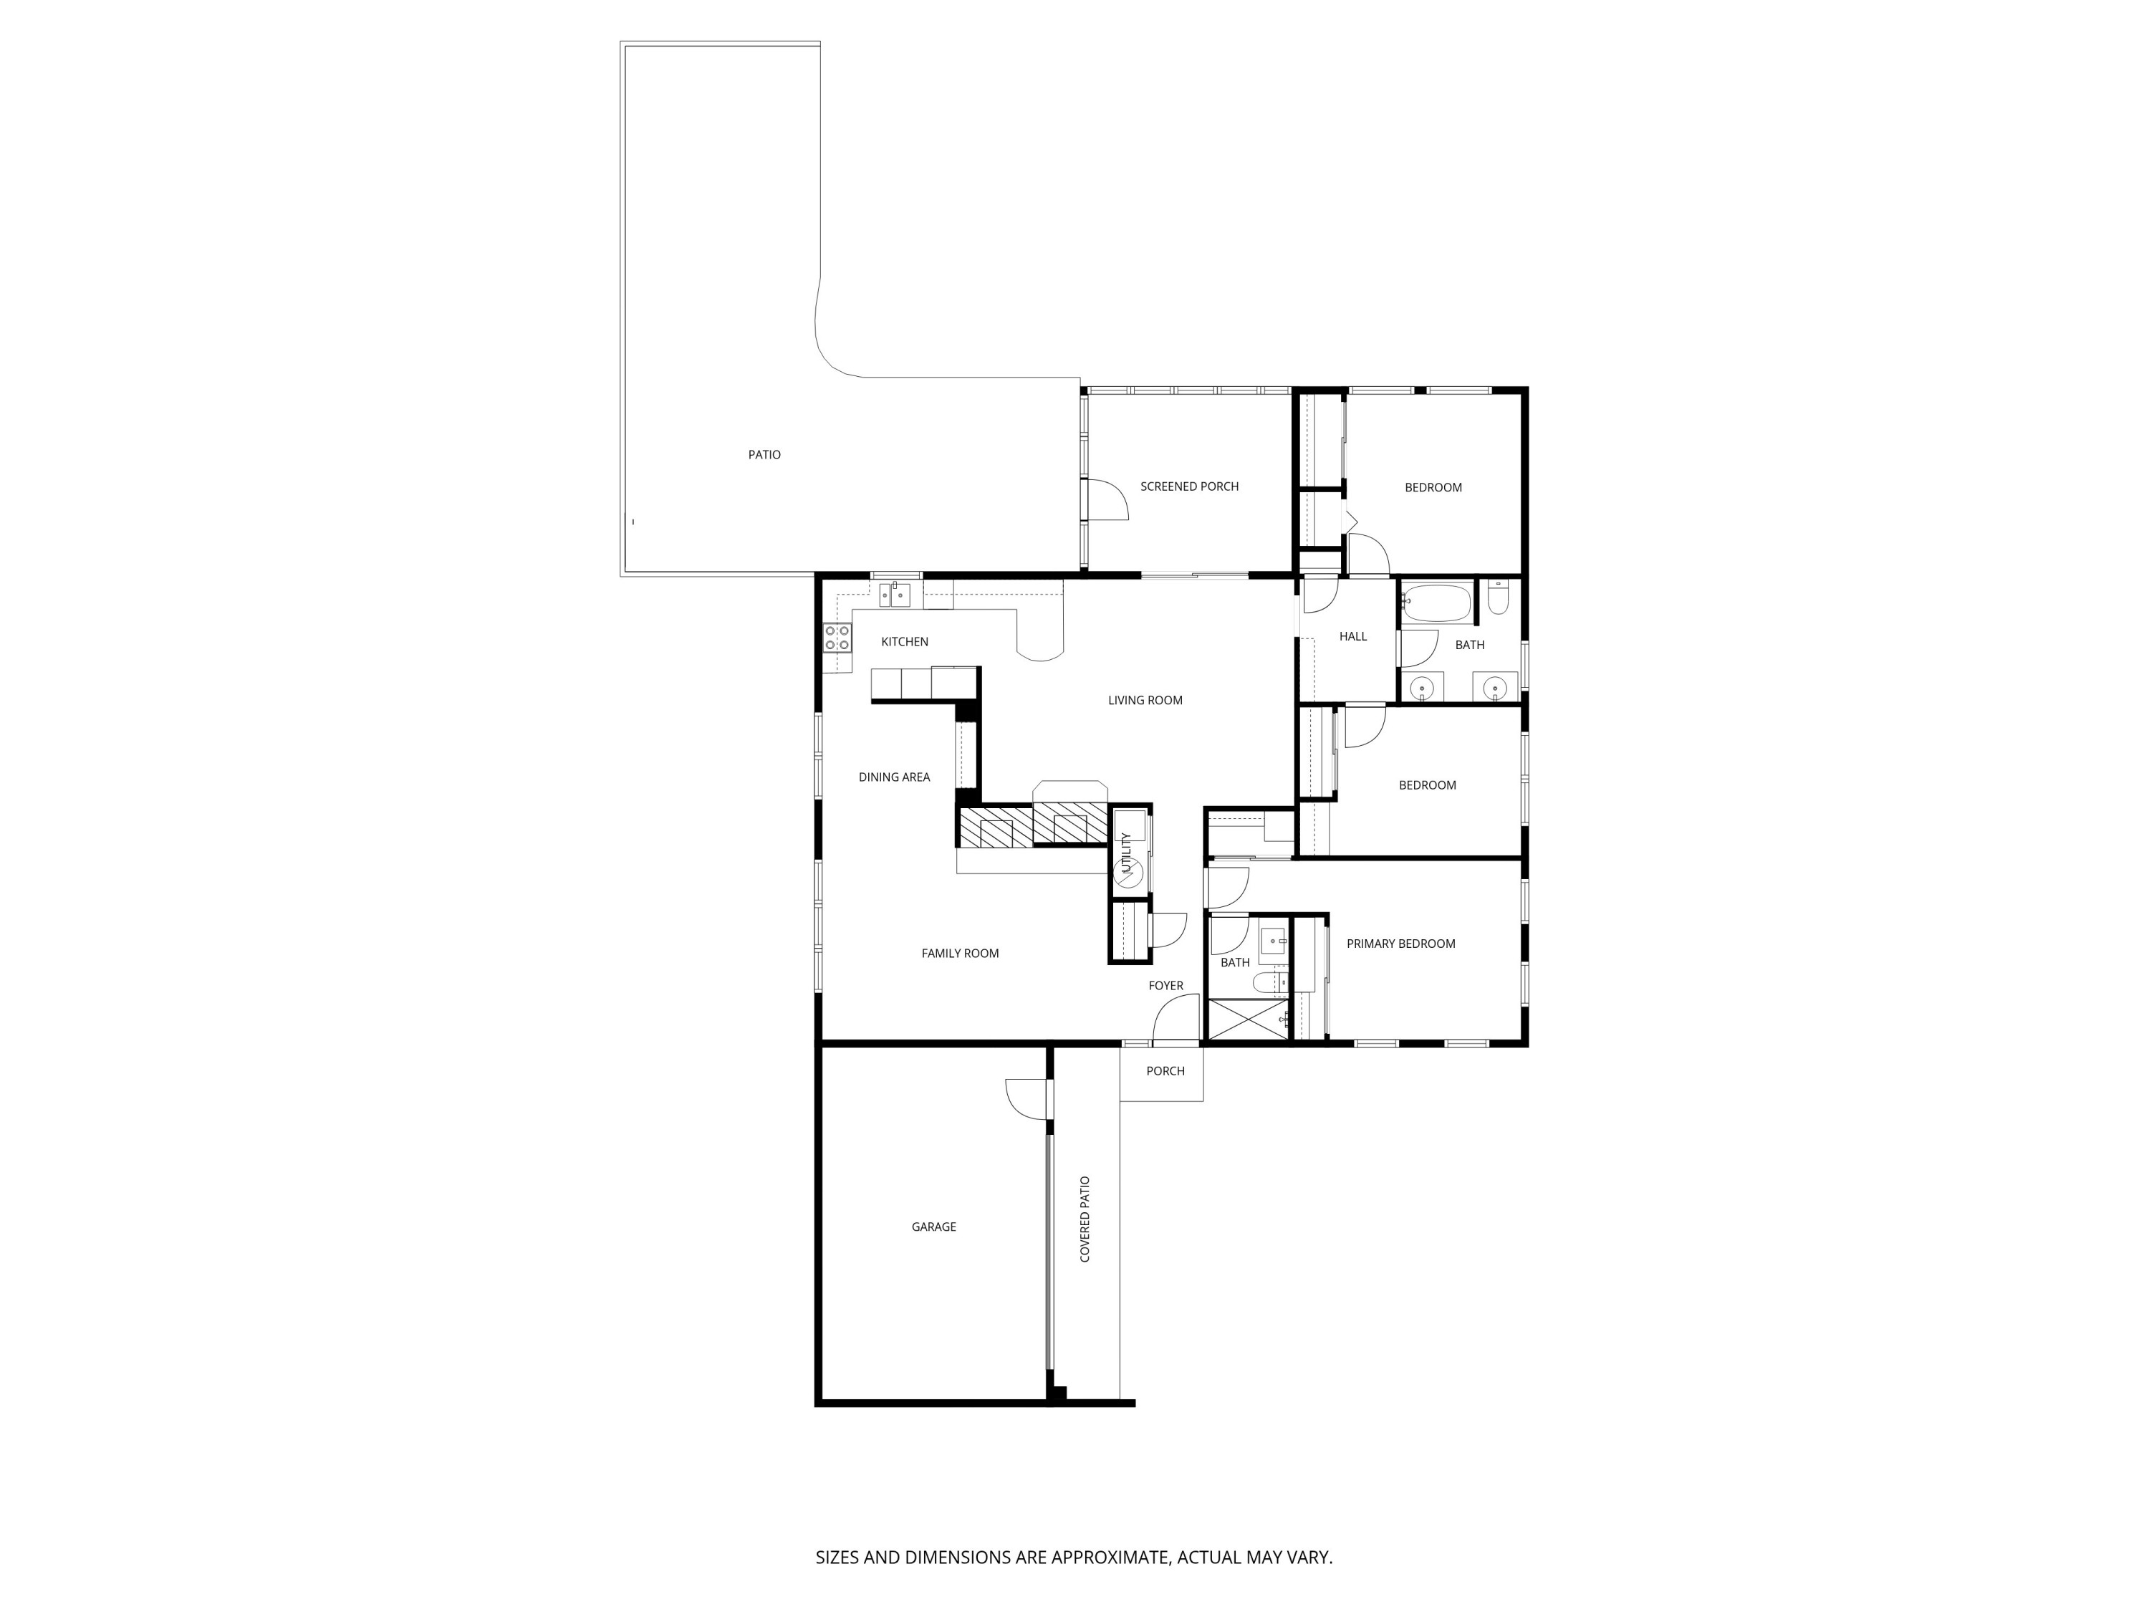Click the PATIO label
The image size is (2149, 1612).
point(764,455)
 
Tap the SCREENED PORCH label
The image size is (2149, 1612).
point(1189,486)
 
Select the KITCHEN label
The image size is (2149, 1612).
point(905,642)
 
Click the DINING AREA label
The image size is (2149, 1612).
point(894,777)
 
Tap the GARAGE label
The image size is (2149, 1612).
point(933,1227)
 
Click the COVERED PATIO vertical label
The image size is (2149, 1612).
point(1085,1219)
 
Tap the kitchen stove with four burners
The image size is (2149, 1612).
point(837,638)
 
